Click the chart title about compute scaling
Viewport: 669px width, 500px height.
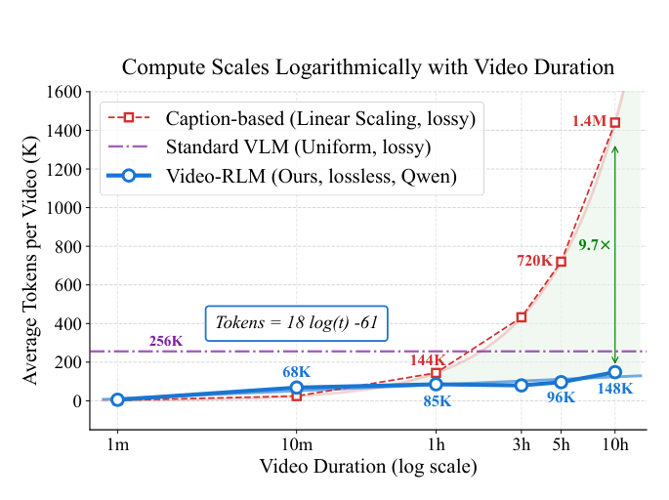[x=367, y=67]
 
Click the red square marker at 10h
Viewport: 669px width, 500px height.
[x=615, y=123]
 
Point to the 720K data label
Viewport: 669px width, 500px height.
[x=535, y=261]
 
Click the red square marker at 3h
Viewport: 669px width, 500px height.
[x=522, y=316]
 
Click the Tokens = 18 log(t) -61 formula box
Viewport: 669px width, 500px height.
[x=296, y=323]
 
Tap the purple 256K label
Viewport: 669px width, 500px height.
[x=166, y=341]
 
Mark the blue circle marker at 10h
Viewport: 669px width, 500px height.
[x=615, y=372]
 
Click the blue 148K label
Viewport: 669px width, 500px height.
[x=614, y=389]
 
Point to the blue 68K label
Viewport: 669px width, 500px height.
[x=297, y=371]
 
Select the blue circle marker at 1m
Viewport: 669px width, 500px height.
[x=117, y=399]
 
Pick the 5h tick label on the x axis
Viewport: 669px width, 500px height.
[x=561, y=445]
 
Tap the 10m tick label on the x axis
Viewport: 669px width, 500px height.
[x=297, y=445]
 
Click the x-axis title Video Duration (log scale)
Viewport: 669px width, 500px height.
[x=367, y=467]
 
